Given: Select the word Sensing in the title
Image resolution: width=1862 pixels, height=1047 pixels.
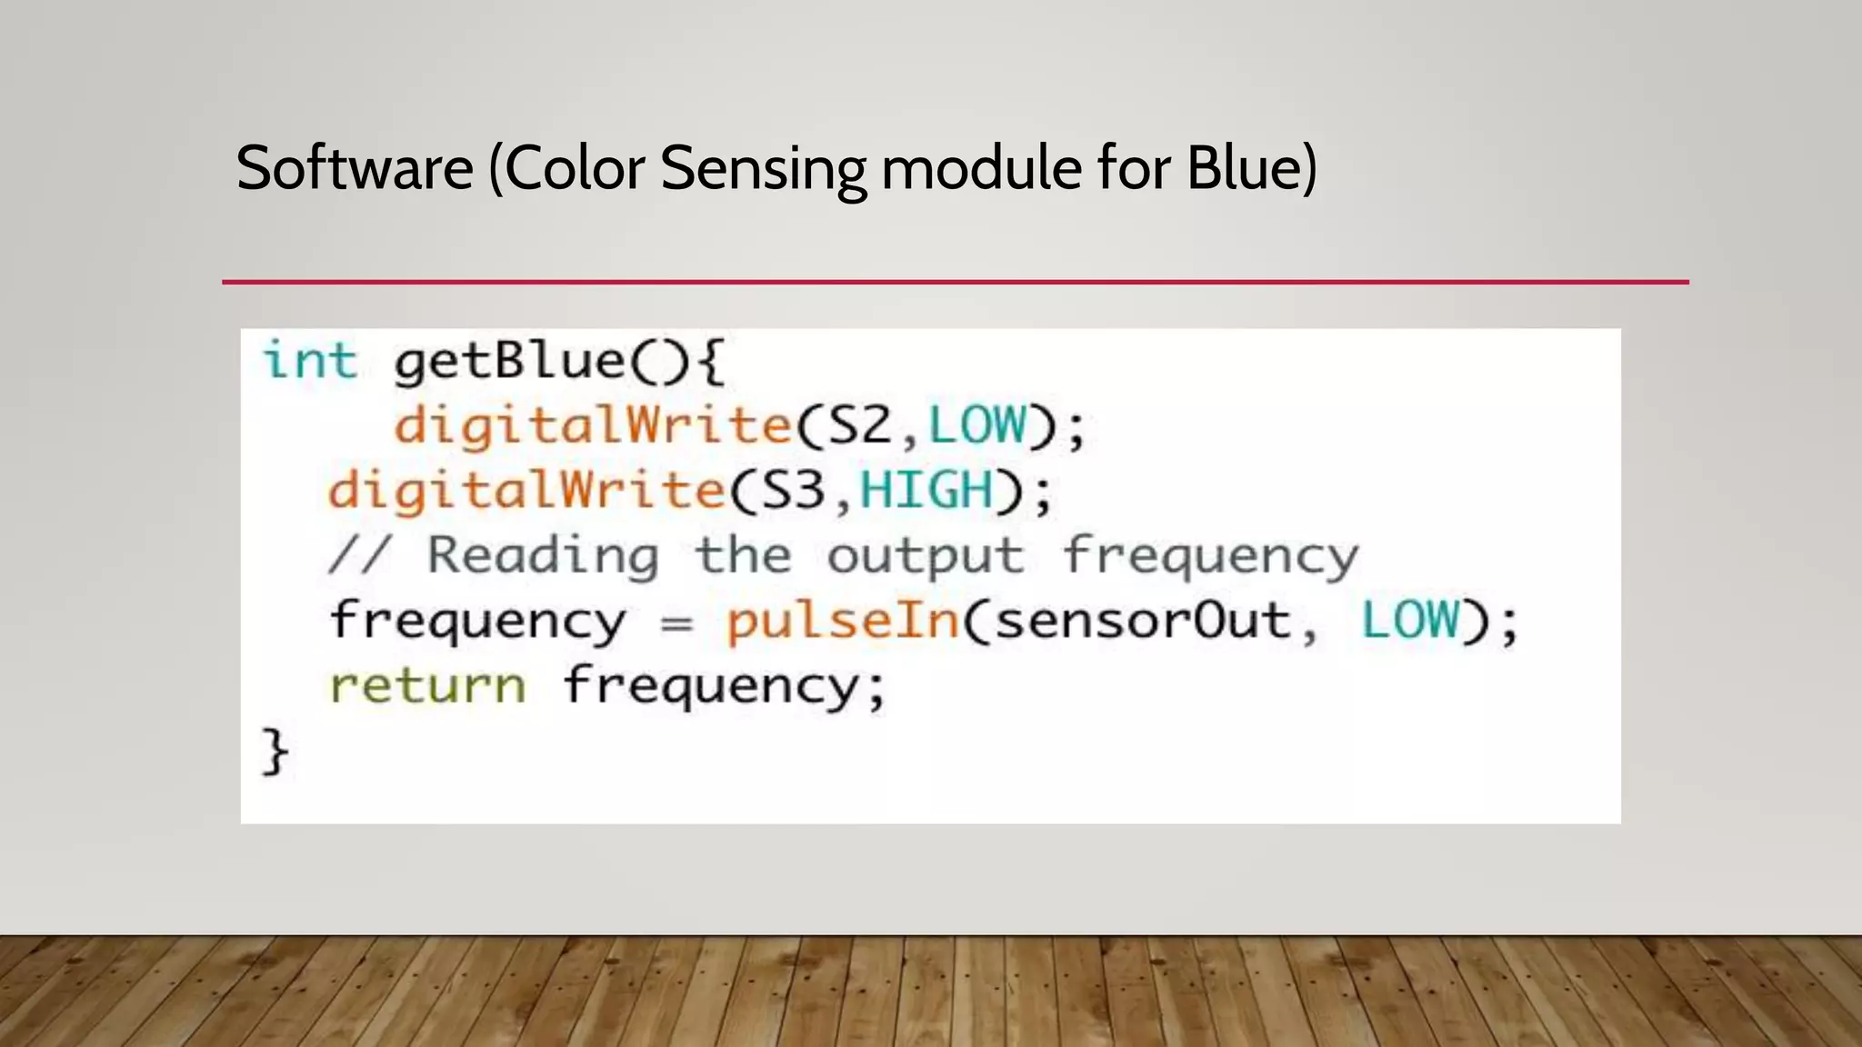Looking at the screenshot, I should pos(764,170).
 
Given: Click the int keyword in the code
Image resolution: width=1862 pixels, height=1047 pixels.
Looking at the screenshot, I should pos(309,360).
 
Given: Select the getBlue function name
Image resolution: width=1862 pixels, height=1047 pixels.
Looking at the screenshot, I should pos(509,362).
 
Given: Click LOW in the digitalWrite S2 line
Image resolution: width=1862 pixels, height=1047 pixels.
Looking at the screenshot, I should pos(977,424).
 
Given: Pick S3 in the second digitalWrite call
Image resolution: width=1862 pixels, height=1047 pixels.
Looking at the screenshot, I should pos(792,490).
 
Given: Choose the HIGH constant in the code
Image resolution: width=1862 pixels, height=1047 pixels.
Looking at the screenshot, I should pos(926,490).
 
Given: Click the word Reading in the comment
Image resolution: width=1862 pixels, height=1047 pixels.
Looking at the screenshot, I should pos(543,556).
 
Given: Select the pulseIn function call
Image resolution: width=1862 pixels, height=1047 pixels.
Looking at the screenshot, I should pos(842,623).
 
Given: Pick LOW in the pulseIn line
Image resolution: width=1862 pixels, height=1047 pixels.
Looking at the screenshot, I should pos(1410,621).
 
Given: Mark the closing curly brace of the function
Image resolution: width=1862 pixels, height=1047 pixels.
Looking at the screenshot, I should pos(275,752).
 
